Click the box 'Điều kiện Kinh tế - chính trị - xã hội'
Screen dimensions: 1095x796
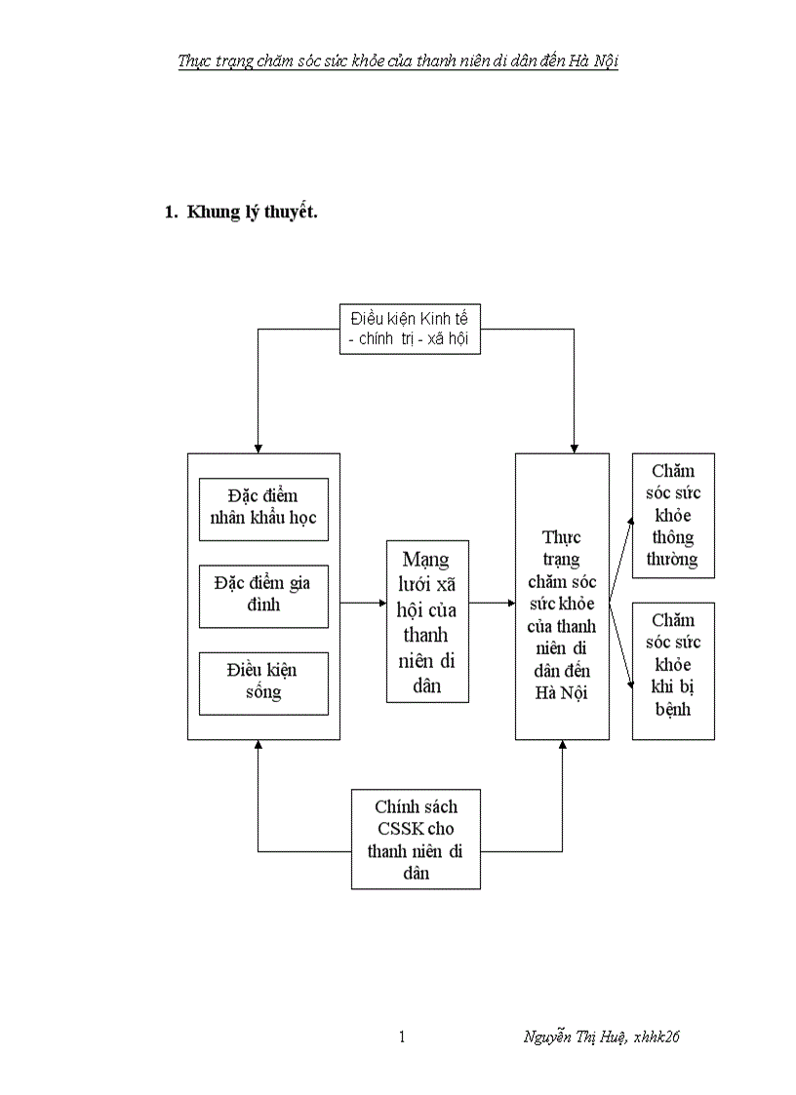[x=410, y=329]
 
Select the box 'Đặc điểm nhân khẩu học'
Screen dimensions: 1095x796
[x=263, y=508]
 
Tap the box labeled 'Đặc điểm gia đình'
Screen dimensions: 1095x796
[x=263, y=595]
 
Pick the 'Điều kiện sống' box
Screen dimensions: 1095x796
[x=263, y=682]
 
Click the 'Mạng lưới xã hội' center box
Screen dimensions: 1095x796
[x=427, y=621]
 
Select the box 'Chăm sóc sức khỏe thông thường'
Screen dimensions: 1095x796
[x=673, y=515]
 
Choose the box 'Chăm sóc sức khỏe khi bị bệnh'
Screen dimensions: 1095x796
[x=673, y=671]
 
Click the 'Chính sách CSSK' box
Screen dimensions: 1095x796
[x=416, y=839]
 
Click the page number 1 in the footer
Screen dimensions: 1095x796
[x=402, y=1036]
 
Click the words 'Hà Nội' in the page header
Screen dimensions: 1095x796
[x=595, y=61]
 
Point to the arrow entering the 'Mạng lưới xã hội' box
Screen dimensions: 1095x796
[x=380, y=603]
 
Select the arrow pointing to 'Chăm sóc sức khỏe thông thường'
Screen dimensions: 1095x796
[x=622, y=556]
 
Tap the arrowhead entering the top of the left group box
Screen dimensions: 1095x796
[x=258, y=447]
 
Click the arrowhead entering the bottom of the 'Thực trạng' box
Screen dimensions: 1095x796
[x=563, y=746]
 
